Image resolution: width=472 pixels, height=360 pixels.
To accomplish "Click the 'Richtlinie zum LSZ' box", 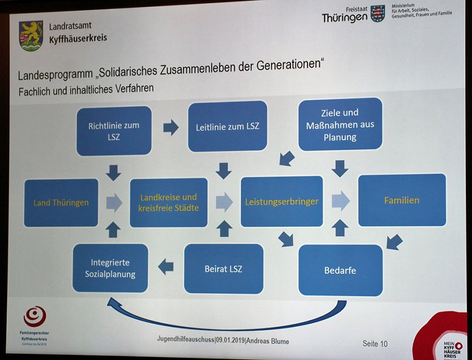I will point(113,130).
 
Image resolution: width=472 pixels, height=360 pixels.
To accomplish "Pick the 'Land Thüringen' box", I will point(61,202).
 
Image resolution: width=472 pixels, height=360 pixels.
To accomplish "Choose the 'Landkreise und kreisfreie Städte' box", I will point(168,202).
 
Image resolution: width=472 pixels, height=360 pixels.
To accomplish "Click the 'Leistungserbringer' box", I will point(282,201).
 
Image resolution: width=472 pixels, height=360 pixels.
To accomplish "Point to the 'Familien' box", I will point(402,200).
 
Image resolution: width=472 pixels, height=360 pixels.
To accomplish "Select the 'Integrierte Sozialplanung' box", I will point(111,268).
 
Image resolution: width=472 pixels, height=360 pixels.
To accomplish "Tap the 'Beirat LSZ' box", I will point(223,269).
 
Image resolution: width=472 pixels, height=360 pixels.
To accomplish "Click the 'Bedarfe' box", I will point(340,270).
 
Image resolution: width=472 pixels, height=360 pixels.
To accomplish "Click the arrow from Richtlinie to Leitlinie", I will point(171,128).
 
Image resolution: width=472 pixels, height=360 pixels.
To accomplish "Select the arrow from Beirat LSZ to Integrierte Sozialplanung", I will point(166,267).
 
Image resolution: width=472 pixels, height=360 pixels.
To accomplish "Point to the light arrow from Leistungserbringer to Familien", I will point(341,201).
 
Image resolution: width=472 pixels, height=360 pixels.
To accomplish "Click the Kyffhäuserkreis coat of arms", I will point(31,35).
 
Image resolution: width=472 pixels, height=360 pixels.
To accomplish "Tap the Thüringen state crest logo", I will point(377,13).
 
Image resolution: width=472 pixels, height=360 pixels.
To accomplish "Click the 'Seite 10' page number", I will point(375,344).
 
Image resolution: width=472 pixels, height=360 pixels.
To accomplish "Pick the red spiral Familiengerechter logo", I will point(35,317).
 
